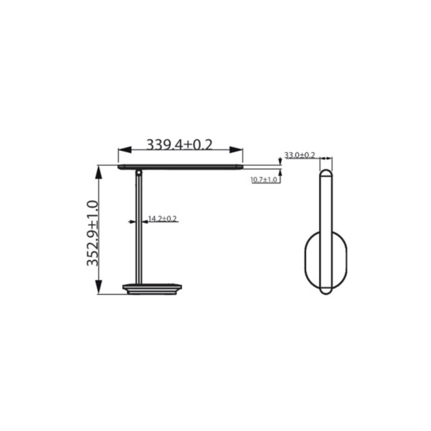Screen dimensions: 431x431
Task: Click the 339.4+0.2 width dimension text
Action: click(180, 144)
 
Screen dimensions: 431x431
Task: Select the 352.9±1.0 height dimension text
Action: click(93, 233)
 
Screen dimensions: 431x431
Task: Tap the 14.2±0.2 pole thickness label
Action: click(162, 219)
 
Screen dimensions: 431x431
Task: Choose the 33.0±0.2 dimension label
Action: click(300, 155)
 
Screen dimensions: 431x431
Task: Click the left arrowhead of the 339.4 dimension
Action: click(124, 150)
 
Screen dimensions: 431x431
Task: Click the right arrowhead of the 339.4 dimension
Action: click(236, 150)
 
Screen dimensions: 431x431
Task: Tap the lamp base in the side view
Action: click(152, 289)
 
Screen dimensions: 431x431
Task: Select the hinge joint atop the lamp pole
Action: click(139, 173)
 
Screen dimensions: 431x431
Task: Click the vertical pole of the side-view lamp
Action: click(139, 228)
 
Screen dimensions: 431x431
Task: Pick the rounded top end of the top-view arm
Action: click(326, 174)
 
